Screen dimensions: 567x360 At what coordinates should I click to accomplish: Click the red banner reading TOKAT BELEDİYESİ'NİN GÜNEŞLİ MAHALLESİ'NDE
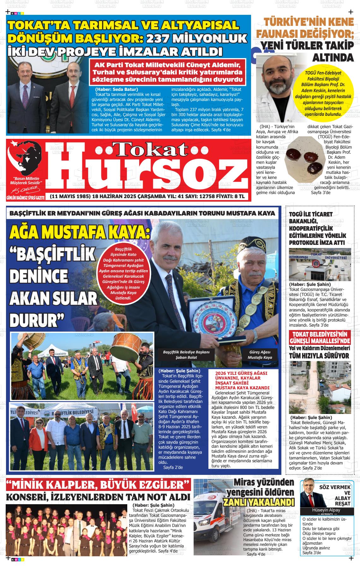pyautogui.click(x=320, y=337)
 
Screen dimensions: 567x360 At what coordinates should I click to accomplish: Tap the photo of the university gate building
pyautogui.click(x=320, y=264)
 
